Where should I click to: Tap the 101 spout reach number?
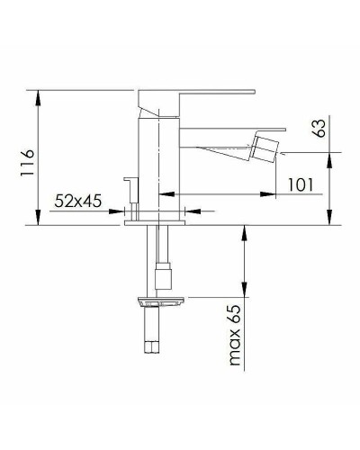click(300, 184)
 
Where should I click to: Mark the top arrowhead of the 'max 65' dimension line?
click(243, 230)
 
